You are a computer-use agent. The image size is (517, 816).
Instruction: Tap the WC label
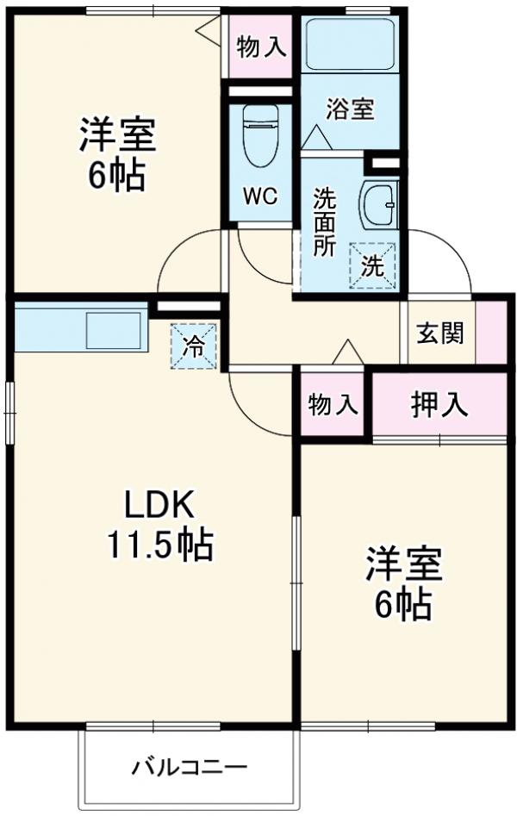(258, 196)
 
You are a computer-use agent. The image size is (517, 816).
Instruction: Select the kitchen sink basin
(113, 330)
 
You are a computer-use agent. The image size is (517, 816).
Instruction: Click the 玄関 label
(440, 333)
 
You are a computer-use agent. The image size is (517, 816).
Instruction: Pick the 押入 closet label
(439, 404)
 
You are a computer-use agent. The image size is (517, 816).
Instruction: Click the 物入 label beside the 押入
(333, 404)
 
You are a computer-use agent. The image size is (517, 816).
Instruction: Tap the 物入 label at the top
(261, 47)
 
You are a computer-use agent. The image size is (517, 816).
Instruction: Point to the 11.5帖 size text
(160, 544)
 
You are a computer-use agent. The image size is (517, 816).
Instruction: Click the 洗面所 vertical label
(324, 221)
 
